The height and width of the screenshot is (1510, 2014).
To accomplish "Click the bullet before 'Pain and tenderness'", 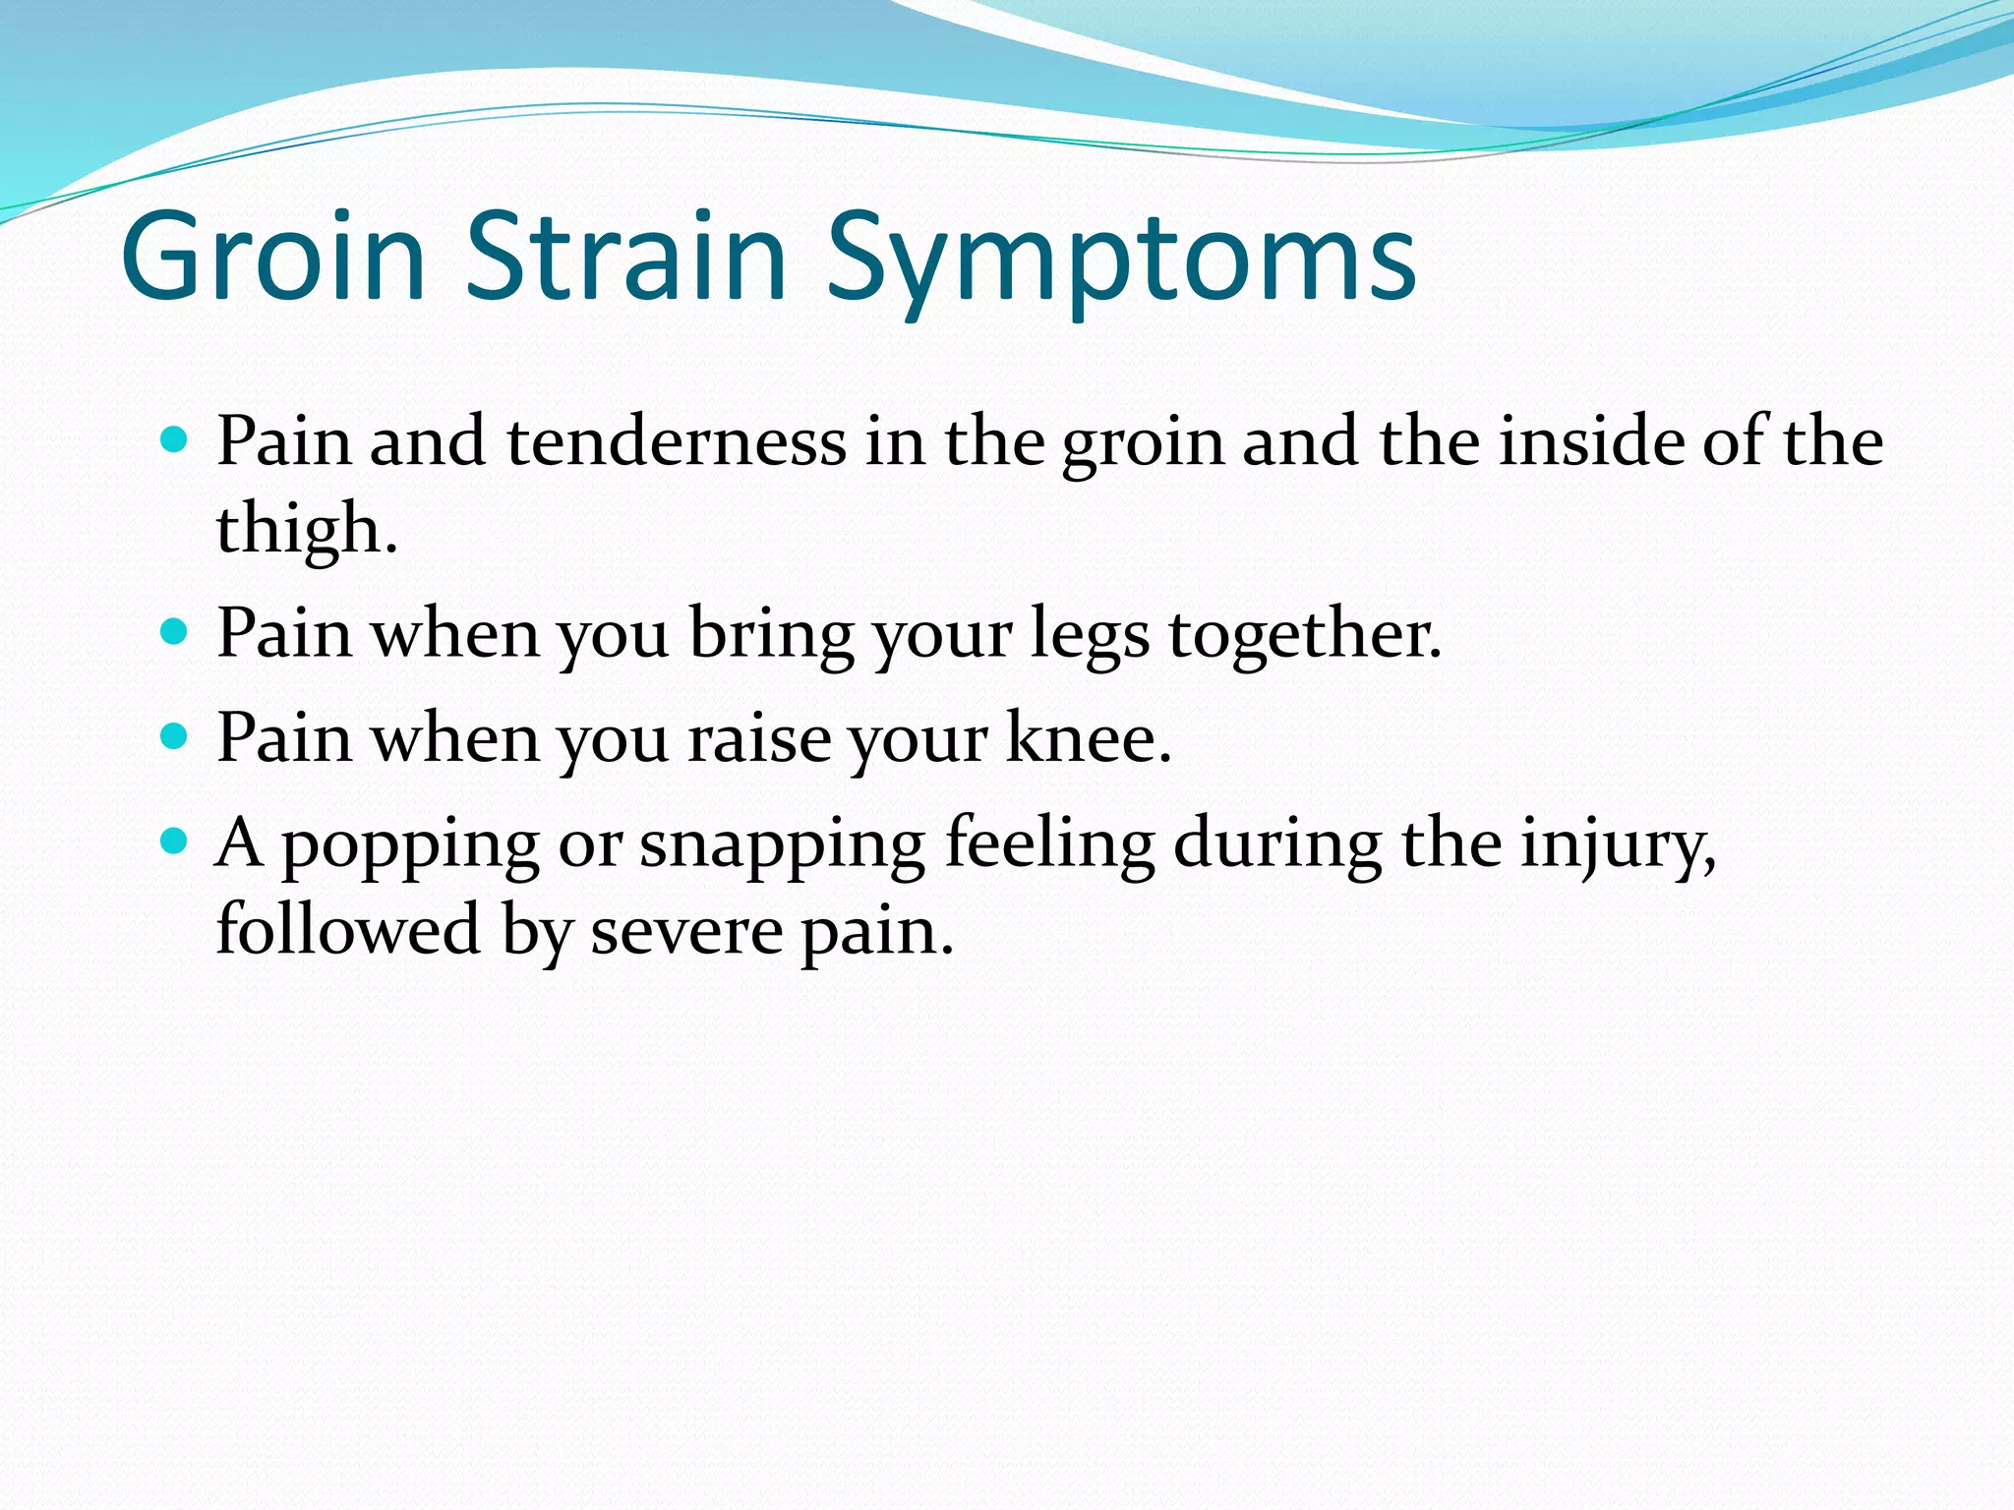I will (x=173, y=438).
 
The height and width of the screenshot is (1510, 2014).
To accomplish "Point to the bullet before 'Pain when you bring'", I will (x=173, y=631).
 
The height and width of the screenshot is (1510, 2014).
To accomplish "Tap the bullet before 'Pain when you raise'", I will (x=173, y=736).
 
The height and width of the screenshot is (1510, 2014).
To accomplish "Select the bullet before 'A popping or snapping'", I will (x=173, y=841).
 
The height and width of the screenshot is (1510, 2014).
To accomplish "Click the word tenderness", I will (x=677, y=441).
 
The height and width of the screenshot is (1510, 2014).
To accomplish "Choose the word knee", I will (x=1089, y=737).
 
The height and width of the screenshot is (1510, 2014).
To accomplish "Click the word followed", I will (x=348, y=929).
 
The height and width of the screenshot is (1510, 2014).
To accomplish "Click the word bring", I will (x=771, y=635).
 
